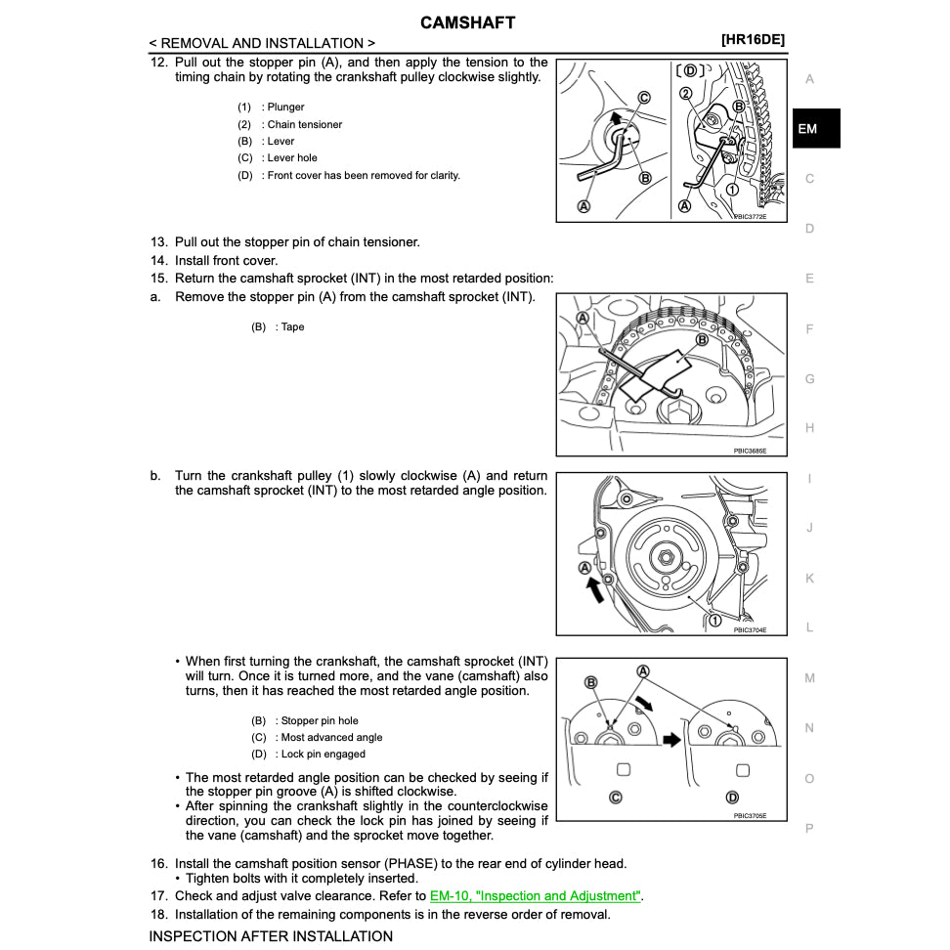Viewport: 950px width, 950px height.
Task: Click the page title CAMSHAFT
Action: click(x=467, y=22)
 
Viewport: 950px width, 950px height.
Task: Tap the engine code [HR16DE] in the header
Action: click(x=753, y=40)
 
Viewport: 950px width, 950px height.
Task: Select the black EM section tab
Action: click(x=815, y=128)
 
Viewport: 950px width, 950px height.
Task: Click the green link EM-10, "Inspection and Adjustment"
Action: click(x=536, y=895)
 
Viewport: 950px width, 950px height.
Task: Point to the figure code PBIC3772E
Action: click(x=750, y=216)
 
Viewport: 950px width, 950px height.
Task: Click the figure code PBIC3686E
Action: click(x=750, y=451)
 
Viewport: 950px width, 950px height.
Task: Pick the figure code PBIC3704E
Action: click(x=750, y=629)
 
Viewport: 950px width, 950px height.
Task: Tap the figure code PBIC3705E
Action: click(x=750, y=815)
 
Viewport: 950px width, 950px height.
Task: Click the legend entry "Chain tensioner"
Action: click(x=304, y=124)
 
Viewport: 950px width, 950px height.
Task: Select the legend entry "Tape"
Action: click(x=292, y=326)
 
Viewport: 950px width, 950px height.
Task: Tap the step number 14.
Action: click(x=158, y=261)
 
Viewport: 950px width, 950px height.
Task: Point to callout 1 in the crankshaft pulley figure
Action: click(x=714, y=621)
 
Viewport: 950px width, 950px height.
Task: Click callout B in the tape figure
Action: click(x=701, y=340)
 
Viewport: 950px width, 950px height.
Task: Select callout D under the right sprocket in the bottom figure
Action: click(x=733, y=797)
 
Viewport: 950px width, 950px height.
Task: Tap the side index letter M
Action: click(x=809, y=677)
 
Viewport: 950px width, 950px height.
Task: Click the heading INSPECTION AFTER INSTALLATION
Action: click(x=271, y=936)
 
